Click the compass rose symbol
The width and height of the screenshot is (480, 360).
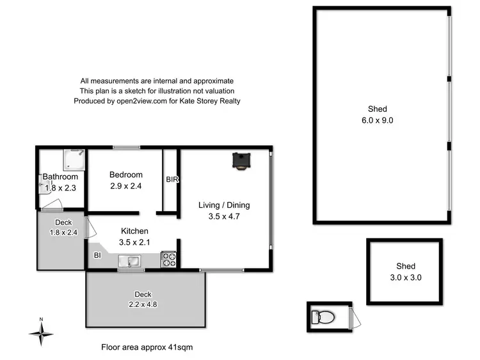(42, 332)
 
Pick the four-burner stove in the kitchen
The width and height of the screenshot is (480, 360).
(169, 260)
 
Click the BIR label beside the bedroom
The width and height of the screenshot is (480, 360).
(172, 180)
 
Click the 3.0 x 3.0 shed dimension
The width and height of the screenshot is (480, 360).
(405, 278)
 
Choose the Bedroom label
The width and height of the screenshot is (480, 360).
(125, 175)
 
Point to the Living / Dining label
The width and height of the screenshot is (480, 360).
(224, 205)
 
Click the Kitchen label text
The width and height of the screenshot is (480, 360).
(134, 231)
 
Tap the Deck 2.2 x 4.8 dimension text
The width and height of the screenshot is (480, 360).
(143, 304)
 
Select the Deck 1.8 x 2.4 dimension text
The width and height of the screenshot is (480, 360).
(63, 233)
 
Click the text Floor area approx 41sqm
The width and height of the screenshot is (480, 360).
(147, 347)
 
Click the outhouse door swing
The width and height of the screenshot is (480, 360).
(356, 315)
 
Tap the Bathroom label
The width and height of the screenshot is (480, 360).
(60, 177)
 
